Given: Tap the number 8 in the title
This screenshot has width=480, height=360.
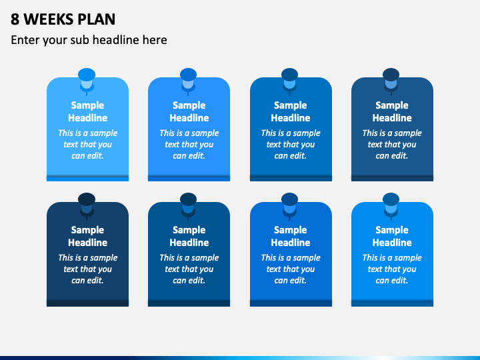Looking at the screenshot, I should coord(15,19).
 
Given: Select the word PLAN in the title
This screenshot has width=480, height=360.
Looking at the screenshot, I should coord(97,19).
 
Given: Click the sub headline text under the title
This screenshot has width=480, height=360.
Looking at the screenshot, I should coord(89,40).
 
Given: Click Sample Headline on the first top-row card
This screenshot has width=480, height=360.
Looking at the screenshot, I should coord(87,111).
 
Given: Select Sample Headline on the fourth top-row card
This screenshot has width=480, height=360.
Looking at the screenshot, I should coord(392,111).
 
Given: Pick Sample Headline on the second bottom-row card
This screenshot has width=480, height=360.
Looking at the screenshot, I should coord(189,236).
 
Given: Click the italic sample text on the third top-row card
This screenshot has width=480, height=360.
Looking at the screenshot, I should coord(291,144).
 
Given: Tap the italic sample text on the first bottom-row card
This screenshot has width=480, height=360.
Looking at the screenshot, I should coord(87,269).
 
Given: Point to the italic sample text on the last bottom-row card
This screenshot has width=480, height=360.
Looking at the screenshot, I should coord(392,269).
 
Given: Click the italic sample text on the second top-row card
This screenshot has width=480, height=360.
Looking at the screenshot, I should coord(189,144).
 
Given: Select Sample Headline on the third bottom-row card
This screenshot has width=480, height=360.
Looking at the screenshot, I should coord(291,236).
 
